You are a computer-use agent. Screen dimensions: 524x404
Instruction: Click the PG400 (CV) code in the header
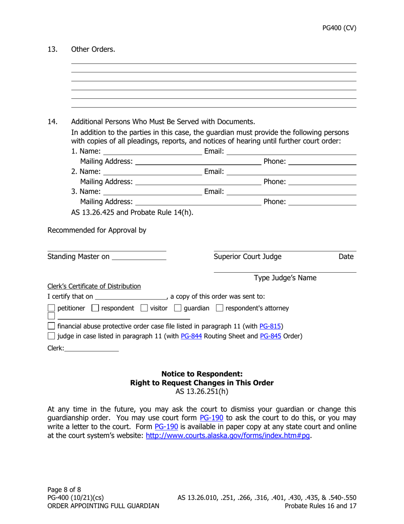pyautogui.click(x=339, y=28)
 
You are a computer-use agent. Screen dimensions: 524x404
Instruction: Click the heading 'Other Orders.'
pyautogui.click(x=93, y=49)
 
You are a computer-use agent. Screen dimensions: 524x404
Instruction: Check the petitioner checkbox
pyautogui.click(x=51, y=308)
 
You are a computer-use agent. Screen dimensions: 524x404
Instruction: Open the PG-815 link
pyautogui.click(x=268, y=326)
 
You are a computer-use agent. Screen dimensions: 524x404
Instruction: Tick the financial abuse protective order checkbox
pyautogui.click(x=51, y=326)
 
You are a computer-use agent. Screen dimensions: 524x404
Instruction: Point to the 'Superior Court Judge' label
pyautogui.click(x=247, y=256)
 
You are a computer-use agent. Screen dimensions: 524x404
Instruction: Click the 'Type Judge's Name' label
pyautogui.click(x=285, y=278)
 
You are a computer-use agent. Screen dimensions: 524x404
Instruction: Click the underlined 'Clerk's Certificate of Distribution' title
pyautogui.click(x=94, y=286)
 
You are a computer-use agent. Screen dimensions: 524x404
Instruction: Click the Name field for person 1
pyautogui.click(x=152, y=151)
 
